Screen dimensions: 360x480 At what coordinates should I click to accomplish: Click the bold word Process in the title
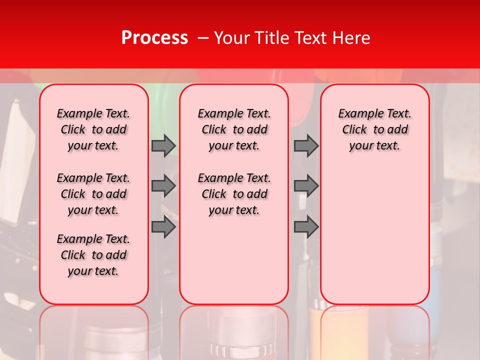[x=154, y=38]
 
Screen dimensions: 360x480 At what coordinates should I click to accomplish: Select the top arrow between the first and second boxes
[x=163, y=145]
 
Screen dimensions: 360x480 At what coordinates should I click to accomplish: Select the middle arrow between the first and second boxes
[x=163, y=186]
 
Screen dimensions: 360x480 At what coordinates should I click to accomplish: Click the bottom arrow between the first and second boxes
[x=163, y=227]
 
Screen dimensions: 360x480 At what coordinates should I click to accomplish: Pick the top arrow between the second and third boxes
[x=306, y=145]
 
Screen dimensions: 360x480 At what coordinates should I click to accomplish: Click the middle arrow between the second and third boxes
[x=306, y=186]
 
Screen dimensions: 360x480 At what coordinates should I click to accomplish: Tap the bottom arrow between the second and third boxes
[x=306, y=227]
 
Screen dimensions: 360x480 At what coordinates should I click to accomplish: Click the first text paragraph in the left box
[x=93, y=129]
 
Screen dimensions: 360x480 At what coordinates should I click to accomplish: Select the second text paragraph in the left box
[x=93, y=194]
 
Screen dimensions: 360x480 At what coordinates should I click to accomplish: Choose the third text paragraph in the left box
[x=93, y=255]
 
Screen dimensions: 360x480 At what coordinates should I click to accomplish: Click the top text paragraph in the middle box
[x=234, y=129]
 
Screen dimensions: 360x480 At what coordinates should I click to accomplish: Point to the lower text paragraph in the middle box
[x=234, y=194]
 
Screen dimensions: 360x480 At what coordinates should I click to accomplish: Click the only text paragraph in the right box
[x=375, y=129]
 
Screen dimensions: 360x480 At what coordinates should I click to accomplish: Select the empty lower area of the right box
[x=375, y=230]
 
